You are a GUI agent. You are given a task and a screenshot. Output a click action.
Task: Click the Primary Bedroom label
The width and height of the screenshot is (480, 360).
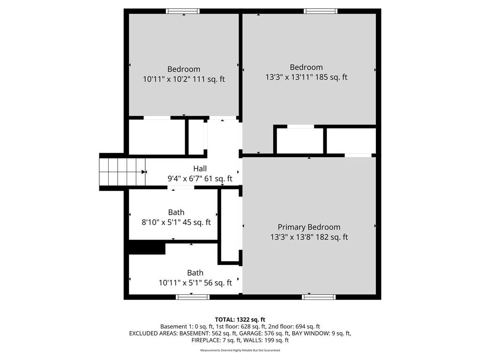coord(309,227)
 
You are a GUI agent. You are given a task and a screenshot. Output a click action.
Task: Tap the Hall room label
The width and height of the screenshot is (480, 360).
coord(200,169)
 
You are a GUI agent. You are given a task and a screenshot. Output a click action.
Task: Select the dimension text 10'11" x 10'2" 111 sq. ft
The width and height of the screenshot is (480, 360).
coord(184,79)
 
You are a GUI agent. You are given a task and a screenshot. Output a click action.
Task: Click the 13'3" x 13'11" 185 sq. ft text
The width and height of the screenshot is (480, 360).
coord(306,77)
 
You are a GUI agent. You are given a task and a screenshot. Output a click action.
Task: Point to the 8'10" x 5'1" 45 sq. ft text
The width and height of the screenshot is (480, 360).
coord(176,222)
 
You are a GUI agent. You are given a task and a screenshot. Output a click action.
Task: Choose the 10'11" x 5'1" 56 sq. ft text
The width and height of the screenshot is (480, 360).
coord(195,283)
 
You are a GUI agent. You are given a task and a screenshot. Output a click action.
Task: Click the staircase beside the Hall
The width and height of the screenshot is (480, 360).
coord(122,172)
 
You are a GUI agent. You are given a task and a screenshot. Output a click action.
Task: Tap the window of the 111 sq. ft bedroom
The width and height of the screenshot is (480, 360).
coord(183,11)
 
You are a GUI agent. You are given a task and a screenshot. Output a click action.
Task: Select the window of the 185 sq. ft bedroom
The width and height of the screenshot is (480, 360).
coord(321,11)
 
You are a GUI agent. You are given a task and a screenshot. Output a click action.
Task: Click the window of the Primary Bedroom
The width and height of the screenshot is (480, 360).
coord(319,297)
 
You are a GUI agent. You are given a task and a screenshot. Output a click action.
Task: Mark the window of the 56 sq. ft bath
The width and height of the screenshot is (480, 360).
coord(193,297)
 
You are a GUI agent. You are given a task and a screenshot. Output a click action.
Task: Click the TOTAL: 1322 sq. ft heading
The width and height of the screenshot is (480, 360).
coord(240,320)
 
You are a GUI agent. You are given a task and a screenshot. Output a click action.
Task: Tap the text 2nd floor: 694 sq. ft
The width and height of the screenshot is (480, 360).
coord(294,327)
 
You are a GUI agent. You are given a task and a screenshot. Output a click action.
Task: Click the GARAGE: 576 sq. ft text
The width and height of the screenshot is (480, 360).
coord(264,333)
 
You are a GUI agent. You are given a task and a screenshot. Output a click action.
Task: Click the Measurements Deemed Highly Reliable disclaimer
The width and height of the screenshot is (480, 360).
coord(240,350)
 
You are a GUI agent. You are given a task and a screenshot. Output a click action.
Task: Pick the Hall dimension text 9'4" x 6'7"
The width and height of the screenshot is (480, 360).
coord(184,179)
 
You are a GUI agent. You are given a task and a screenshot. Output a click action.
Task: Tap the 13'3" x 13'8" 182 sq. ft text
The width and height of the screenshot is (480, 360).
coord(309,237)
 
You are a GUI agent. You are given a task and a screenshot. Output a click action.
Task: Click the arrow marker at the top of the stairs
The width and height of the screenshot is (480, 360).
coord(144,172)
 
